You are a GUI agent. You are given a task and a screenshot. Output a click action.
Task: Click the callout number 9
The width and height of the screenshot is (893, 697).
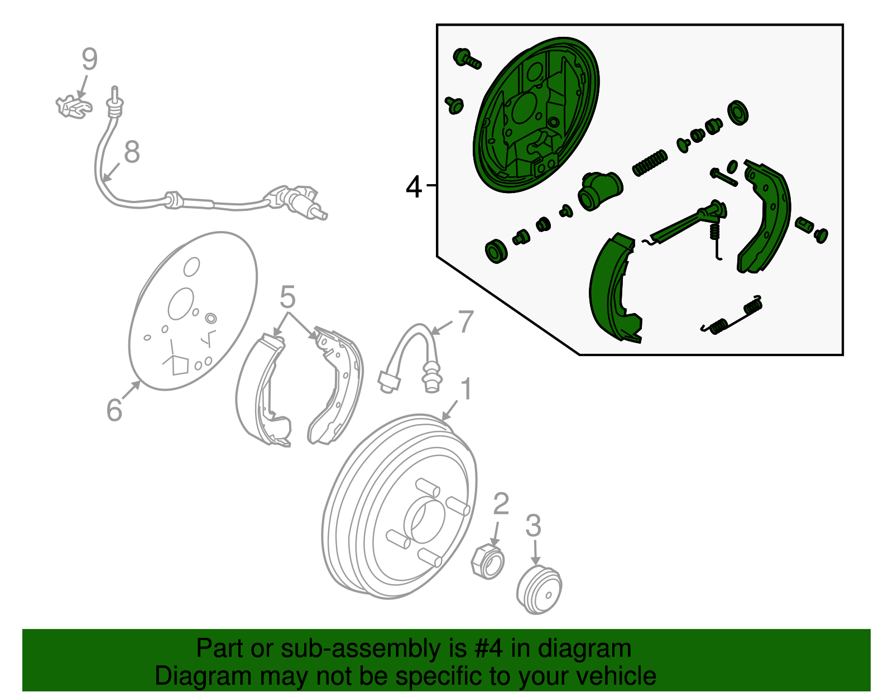pyautogui.click(x=90, y=59)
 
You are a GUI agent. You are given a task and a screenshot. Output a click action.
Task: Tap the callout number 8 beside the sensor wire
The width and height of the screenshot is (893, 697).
pyautogui.click(x=132, y=152)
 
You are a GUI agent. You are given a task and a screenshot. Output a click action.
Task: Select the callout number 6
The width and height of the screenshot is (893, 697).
pyautogui.click(x=114, y=410)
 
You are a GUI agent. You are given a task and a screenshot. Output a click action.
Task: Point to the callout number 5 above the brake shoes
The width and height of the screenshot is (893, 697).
pyautogui.click(x=287, y=297)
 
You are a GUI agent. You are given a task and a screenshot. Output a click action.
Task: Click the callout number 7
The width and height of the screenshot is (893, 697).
pyautogui.click(x=465, y=321)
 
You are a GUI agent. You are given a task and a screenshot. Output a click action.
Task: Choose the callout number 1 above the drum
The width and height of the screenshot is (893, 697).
pyautogui.click(x=465, y=389)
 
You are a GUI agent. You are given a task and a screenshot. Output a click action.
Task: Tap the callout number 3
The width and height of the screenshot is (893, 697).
pyautogui.click(x=534, y=526)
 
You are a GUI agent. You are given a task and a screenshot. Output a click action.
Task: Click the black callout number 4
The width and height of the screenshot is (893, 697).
pyautogui.click(x=414, y=187)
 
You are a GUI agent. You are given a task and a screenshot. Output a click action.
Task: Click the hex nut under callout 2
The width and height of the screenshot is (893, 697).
pyautogui.click(x=488, y=561)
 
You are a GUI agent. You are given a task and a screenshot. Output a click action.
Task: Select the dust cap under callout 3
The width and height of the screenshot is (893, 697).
pyautogui.click(x=539, y=590)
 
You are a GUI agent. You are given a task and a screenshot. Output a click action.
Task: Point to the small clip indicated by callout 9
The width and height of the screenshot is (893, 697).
pyautogui.click(x=74, y=107)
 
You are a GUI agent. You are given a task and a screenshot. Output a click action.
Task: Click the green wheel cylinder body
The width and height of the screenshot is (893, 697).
pyautogui.click(x=600, y=191)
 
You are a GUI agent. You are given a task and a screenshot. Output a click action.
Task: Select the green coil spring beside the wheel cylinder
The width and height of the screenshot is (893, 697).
pyautogui.click(x=649, y=163)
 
